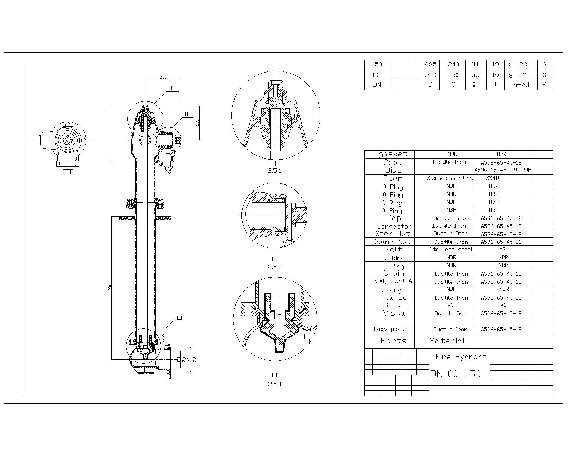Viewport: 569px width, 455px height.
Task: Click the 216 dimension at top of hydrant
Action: click(163, 77)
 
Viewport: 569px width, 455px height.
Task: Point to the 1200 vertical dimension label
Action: click(110, 288)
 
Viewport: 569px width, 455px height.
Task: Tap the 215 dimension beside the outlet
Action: click(197, 122)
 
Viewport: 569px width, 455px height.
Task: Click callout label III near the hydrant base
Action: click(180, 317)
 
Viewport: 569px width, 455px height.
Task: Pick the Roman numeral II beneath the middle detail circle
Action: click(273, 259)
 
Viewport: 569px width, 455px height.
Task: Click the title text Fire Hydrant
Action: click(461, 357)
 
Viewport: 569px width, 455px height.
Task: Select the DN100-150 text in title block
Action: click(456, 374)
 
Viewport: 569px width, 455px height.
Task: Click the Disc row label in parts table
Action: click(393, 170)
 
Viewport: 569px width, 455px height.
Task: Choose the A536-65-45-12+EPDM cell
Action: click(503, 170)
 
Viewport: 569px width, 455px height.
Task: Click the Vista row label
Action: click(394, 313)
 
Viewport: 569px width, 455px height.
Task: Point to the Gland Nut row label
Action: click(393, 242)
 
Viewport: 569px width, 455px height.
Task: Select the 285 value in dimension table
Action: click(430, 65)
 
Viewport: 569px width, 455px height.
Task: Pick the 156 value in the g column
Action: click(474, 75)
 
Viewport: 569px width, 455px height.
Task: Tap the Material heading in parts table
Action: click(447, 341)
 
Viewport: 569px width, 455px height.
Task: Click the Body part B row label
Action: click(392, 329)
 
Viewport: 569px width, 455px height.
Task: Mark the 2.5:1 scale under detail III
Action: click(275, 384)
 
